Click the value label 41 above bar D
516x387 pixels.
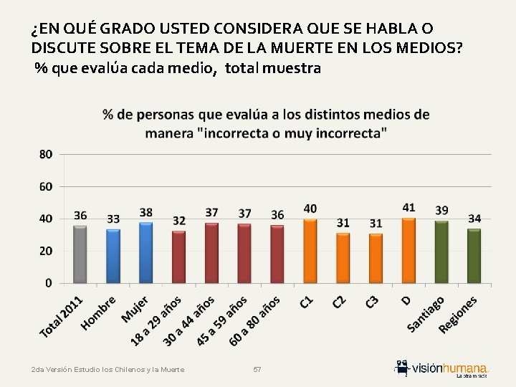point(408,208)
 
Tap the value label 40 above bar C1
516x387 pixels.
point(310,209)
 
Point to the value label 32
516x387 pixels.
point(179,221)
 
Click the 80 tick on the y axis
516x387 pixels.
point(46,154)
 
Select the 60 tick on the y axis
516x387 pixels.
point(46,186)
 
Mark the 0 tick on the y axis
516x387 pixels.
point(49,283)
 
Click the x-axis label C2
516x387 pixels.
point(342,302)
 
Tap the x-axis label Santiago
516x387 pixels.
point(426,313)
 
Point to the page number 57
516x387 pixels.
point(257,369)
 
